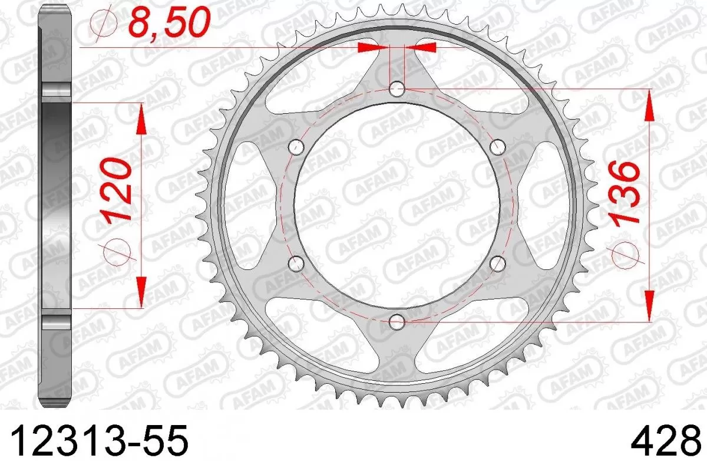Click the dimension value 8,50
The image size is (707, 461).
(x=166, y=24)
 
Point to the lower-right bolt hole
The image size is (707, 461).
(x=498, y=263)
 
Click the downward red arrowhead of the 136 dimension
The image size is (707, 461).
(x=648, y=307)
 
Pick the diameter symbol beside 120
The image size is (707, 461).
(x=116, y=249)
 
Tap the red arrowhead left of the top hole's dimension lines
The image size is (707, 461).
(x=371, y=47)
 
